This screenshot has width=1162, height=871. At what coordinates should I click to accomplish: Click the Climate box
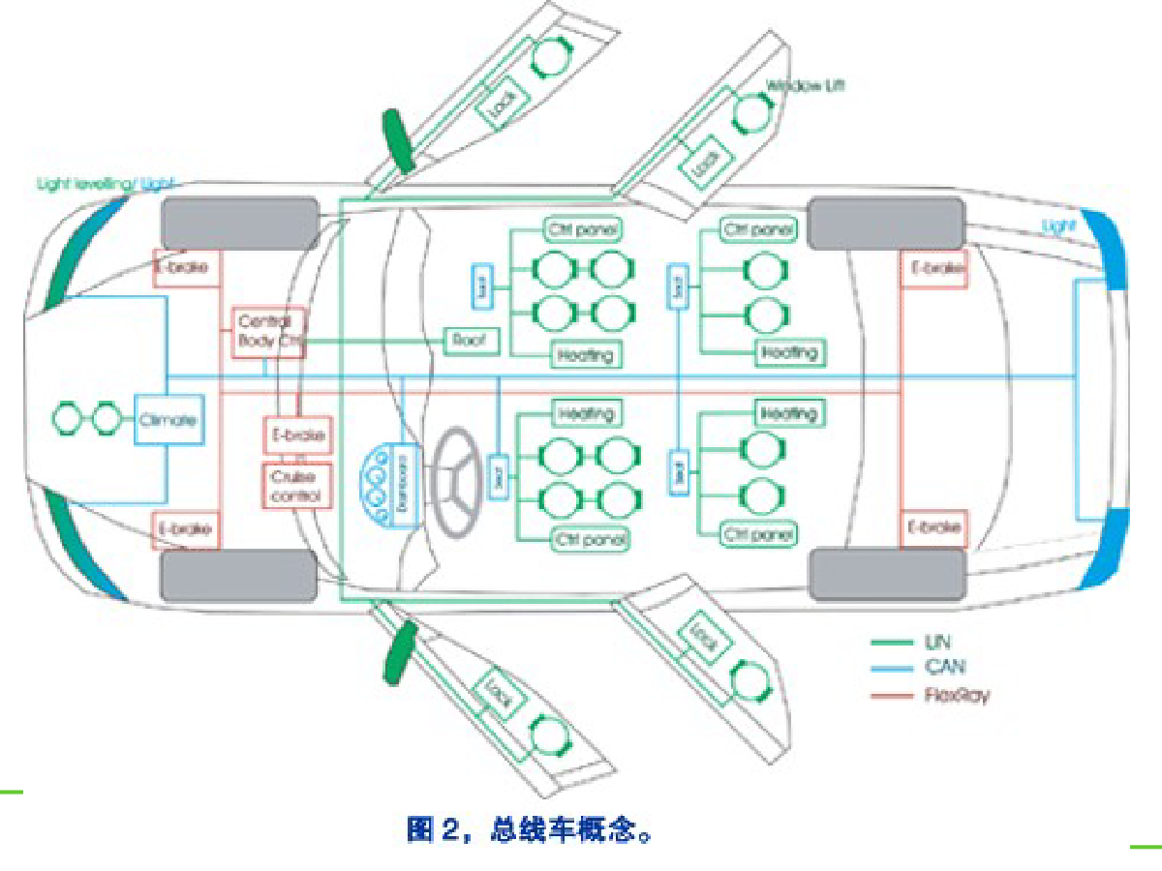169,420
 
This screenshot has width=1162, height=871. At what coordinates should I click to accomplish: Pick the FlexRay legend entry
958,694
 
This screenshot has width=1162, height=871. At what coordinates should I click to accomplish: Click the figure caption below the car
531,829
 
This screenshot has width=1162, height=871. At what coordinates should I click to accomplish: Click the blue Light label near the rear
1058,226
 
